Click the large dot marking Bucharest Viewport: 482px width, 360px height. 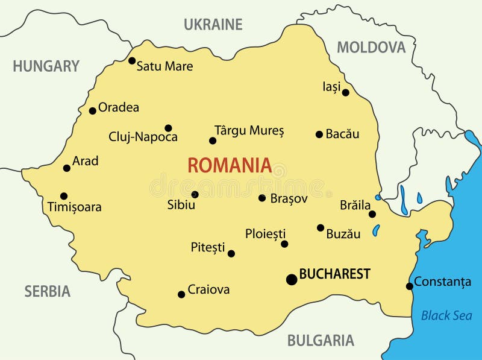click(292, 279)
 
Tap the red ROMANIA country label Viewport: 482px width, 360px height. click(229, 165)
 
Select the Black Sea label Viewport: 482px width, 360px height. click(446, 315)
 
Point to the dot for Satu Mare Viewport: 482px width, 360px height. click(132, 60)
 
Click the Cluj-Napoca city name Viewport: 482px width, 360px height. click(143, 137)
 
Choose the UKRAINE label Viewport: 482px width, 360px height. click(213, 25)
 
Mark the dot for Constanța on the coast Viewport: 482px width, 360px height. click(410, 286)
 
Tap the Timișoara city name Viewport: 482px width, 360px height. click(74, 207)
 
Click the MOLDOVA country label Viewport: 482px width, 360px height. click(371, 48)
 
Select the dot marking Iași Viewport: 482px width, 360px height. click(345, 92)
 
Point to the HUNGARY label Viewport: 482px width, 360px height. click(46, 66)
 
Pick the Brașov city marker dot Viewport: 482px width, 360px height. click(262, 198)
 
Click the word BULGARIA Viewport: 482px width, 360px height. click(320, 341)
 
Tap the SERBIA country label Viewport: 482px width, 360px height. click(47, 292)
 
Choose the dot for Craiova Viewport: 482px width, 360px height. click(181, 294)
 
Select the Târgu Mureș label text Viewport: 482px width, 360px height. click(249, 130)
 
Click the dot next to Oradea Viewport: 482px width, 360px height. click(92, 110)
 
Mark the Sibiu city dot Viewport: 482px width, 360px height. click(195, 194)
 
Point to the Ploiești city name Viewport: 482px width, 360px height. click(265, 234)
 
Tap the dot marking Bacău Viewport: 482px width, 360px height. click(319, 134)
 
